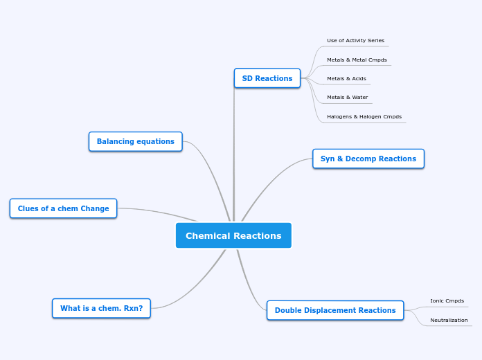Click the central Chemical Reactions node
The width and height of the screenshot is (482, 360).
pyautogui.click(x=233, y=235)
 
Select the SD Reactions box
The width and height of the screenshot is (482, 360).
pyautogui.click(x=267, y=78)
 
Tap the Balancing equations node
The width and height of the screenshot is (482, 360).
pyautogui.click(x=136, y=141)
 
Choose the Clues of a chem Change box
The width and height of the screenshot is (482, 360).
pyautogui.click(x=63, y=208)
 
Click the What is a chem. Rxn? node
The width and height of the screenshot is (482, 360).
pyautogui.click(x=101, y=308)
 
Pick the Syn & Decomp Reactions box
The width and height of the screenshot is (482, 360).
pyautogui.click(x=368, y=159)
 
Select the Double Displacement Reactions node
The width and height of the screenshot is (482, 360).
pyautogui.click(x=335, y=310)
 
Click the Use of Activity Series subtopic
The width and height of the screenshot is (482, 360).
pyautogui.click(x=355, y=41)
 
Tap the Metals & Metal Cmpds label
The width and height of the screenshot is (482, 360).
pyautogui.click(x=357, y=60)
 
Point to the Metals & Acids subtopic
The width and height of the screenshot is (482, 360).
pyautogui.click(x=346, y=79)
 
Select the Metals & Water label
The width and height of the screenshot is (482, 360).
pyautogui.click(x=347, y=98)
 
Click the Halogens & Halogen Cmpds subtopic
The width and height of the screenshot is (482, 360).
pyautogui.click(x=364, y=117)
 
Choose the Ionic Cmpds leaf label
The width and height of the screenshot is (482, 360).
pyautogui.click(x=447, y=301)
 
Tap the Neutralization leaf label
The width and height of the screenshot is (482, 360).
pyautogui.click(x=449, y=321)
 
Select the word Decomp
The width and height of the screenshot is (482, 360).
pyautogui.click(x=358, y=159)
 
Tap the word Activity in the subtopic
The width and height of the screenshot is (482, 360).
pyautogui.click(x=359, y=41)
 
